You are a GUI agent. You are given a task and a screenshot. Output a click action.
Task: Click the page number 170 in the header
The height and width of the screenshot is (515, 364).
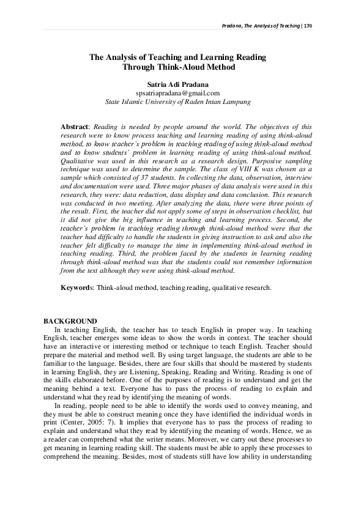(308, 26)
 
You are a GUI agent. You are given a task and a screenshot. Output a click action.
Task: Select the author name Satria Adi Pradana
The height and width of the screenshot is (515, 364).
(178, 83)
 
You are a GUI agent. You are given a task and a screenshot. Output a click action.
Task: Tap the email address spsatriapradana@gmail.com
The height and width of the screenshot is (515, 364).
(178, 92)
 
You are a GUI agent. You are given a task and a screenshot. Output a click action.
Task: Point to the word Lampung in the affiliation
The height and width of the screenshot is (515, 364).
(234, 102)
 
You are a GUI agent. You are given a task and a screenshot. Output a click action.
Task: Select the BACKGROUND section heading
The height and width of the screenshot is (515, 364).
(70, 322)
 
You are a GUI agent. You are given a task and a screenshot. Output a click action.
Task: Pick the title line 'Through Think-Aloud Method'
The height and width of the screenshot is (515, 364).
(178, 67)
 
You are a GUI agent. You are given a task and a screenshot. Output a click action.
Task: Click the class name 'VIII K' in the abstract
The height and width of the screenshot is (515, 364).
(210, 166)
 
